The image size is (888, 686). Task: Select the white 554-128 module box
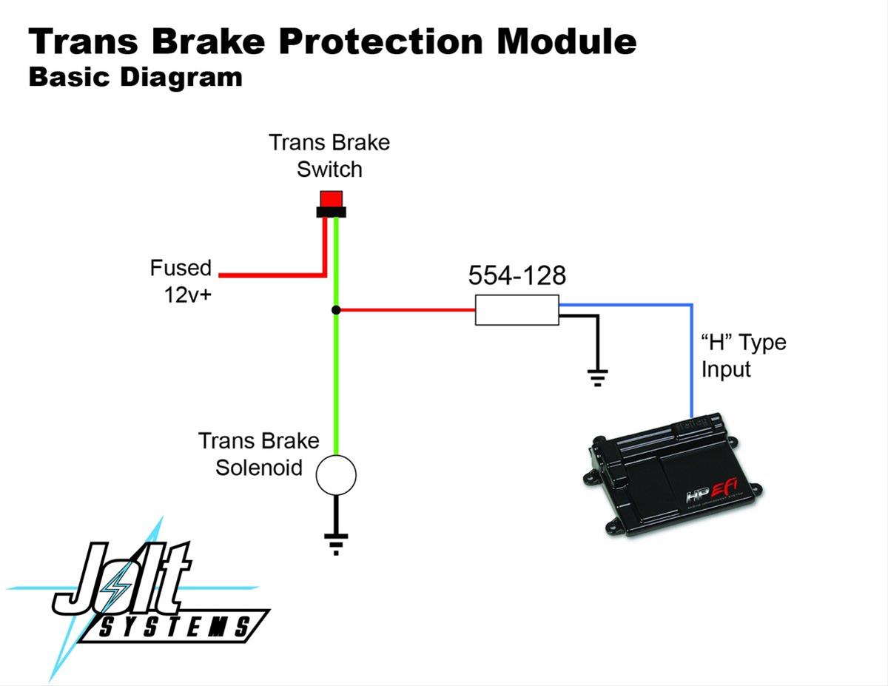(517, 309)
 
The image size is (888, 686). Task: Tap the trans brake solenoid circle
(336, 474)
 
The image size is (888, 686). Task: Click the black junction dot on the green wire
(336, 309)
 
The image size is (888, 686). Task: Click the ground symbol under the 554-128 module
(598, 376)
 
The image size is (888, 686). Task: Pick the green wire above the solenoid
(336, 385)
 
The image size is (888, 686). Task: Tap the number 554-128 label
(517, 276)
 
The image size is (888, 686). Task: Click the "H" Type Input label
(743, 356)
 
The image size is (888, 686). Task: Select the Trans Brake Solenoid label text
(258, 454)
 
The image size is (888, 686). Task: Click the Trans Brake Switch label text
(329, 155)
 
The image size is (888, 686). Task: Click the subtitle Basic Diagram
(135, 77)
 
